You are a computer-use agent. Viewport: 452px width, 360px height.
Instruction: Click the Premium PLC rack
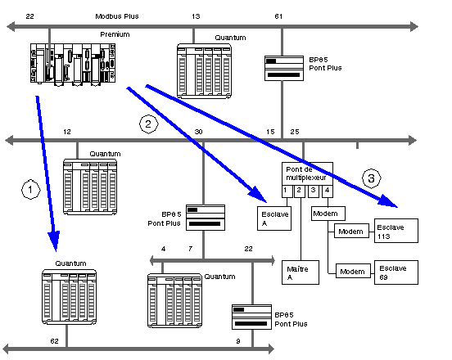click(73, 64)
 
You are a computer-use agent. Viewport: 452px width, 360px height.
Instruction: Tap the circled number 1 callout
click(31, 189)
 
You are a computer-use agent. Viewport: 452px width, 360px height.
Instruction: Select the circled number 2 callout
click(149, 124)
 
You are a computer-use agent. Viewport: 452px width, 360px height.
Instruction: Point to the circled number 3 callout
click(371, 178)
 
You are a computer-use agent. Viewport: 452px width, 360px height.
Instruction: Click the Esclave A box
click(274, 218)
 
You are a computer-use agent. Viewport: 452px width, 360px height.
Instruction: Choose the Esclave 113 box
click(396, 231)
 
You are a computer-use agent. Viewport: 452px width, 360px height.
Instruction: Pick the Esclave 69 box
click(396, 272)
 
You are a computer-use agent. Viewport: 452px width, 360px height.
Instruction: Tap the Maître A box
click(301, 272)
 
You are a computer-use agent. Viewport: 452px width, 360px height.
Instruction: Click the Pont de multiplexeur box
click(307, 173)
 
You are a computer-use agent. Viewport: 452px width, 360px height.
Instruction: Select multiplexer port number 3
click(314, 191)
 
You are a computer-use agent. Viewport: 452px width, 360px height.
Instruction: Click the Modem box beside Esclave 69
click(353, 271)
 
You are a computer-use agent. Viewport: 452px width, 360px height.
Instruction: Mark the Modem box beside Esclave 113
click(351, 231)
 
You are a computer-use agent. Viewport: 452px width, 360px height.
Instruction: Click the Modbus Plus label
click(117, 16)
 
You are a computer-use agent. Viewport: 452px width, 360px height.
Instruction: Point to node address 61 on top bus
click(278, 16)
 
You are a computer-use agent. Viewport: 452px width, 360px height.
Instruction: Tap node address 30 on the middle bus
click(199, 132)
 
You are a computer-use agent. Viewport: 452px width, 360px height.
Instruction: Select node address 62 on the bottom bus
click(55, 341)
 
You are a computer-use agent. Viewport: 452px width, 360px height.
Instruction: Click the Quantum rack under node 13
click(204, 71)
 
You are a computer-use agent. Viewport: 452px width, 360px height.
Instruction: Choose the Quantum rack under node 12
click(90, 187)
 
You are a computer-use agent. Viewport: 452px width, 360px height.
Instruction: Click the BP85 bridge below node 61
click(284, 68)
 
